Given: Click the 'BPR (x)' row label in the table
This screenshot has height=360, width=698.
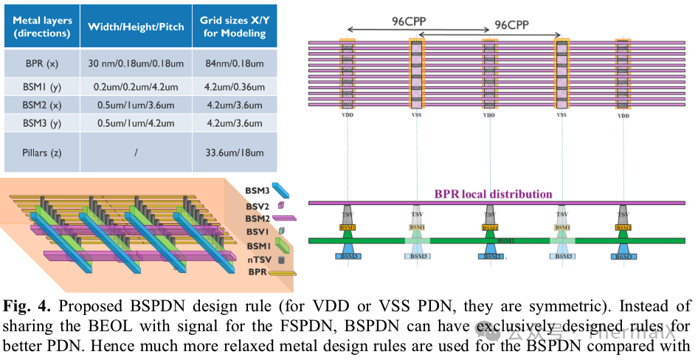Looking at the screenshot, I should coord(42,64).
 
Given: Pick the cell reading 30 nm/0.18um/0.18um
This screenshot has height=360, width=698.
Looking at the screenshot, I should coord(136,64).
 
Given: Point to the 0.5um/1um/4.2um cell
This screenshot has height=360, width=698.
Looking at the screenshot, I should coord(136,123).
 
